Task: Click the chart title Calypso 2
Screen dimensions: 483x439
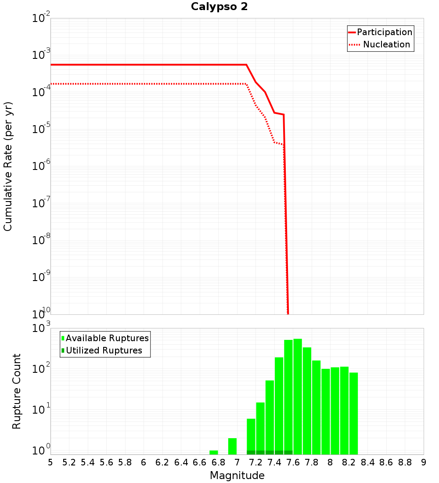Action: pyautogui.click(x=219, y=7)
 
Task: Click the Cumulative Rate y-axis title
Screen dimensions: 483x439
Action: pyautogui.click(x=8, y=166)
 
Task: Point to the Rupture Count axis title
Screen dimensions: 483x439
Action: pyautogui.click(x=17, y=391)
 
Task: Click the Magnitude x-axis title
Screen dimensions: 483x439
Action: pyautogui.click(x=237, y=476)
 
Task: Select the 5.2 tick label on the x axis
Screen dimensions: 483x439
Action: pyautogui.click(x=69, y=462)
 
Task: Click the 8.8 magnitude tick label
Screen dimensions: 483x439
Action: pyautogui.click(x=405, y=462)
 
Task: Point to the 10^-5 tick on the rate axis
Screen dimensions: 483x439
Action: pyautogui.click(x=42, y=130)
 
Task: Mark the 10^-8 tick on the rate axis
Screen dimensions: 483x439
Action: pyautogui.click(x=42, y=241)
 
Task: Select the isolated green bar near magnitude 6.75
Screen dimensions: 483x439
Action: pyautogui.click(x=214, y=452)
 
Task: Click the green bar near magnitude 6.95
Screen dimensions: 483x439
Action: pyautogui.click(x=233, y=446)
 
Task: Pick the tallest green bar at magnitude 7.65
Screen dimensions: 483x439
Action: pyautogui.click(x=298, y=395)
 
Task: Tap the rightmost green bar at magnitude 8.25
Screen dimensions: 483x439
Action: pyautogui.click(x=354, y=413)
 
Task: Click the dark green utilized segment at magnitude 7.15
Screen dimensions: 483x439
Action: pyautogui.click(x=251, y=452)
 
